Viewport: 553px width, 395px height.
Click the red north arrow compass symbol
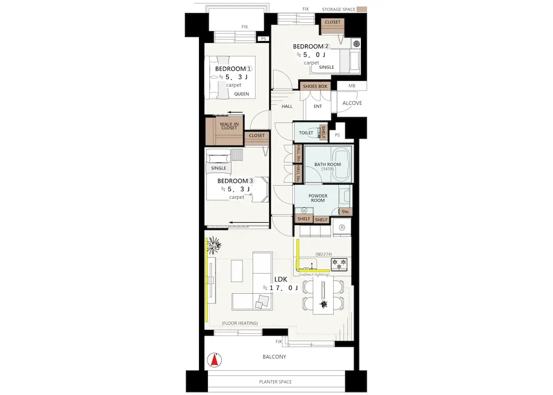214,360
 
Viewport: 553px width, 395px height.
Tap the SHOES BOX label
315,86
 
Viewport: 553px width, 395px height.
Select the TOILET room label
306,133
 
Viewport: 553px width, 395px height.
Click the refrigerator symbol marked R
342,228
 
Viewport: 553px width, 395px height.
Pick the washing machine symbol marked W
304,210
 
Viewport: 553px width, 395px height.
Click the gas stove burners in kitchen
339,264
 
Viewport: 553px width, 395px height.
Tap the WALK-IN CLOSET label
229,126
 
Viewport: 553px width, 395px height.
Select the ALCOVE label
352,103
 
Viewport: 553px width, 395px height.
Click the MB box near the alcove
352,86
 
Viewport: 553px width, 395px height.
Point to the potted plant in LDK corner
214,244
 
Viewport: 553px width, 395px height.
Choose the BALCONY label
275,356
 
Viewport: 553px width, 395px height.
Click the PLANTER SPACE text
276,382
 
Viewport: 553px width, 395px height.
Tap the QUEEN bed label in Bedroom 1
241,94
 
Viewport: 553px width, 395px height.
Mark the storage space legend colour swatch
362,9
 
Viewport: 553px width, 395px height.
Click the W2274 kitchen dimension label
323,254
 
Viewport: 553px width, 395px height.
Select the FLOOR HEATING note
240,323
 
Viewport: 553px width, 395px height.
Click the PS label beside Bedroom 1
264,39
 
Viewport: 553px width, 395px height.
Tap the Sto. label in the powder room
346,212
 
